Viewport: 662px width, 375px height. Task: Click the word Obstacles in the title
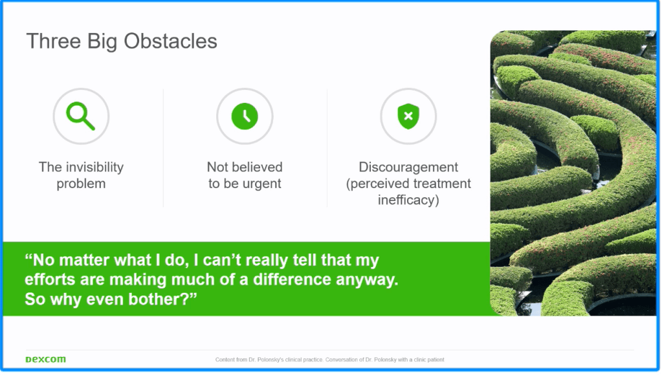[x=170, y=41]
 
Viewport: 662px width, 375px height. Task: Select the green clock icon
[x=245, y=116]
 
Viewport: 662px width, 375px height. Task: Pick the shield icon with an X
[x=408, y=116]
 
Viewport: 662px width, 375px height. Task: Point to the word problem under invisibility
[x=81, y=184]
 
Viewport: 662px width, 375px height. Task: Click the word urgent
[x=263, y=184]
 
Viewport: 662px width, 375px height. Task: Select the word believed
[x=257, y=167]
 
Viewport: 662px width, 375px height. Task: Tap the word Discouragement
[x=408, y=167]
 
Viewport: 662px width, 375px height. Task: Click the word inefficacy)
[x=408, y=200]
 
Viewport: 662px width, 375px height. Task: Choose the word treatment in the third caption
[x=441, y=184]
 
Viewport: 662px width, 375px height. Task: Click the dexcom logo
[x=45, y=359]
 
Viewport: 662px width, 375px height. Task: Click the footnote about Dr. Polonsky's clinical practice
[x=330, y=360]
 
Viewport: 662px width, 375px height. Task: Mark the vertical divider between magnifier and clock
[x=163, y=147]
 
